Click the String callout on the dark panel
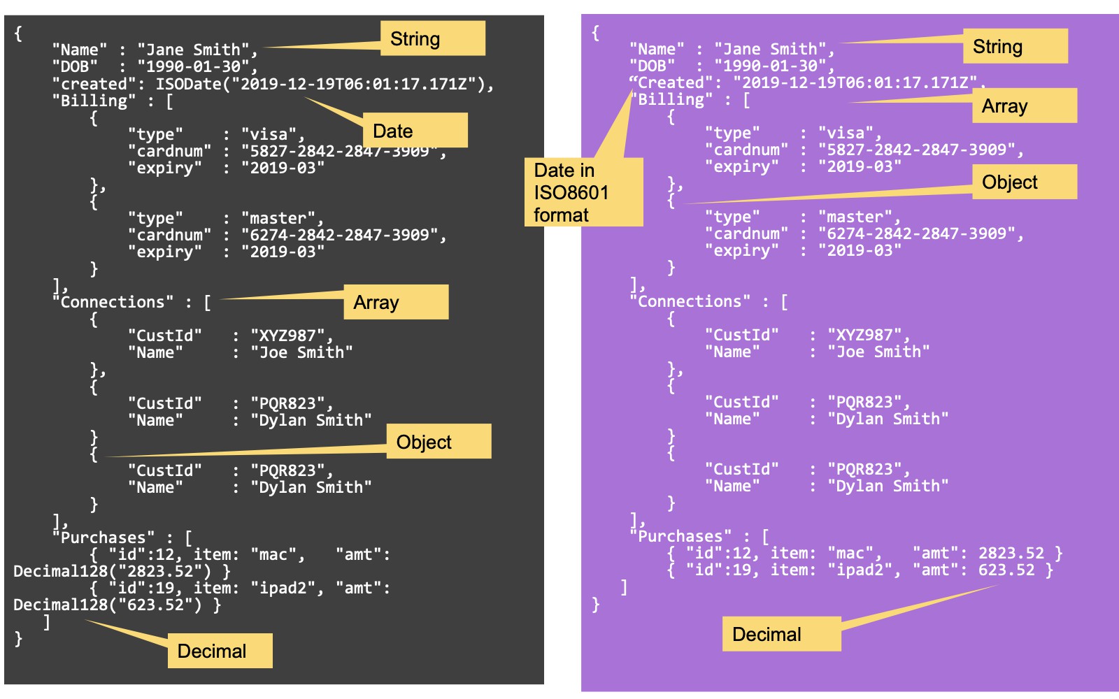(432, 38)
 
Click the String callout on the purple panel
(1015, 46)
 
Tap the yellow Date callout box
(415, 131)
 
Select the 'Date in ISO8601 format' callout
(583, 192)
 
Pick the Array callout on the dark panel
(396, 302)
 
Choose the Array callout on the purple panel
(1024, 106)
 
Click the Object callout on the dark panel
(439, 442)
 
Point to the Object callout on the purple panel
(1024, 182)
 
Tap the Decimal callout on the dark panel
(220, 651)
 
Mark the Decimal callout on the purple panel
(781, 634)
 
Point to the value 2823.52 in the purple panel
(1011, 553)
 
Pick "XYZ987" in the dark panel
(287, 336)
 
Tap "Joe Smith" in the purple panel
(878, 352)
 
